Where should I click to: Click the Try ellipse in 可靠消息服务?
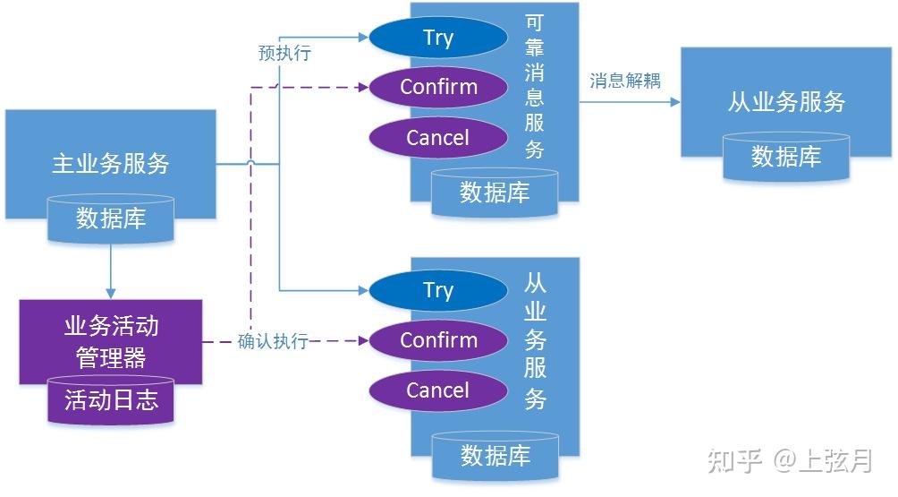[438, 38]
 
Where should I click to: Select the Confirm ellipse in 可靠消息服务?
[438, 87]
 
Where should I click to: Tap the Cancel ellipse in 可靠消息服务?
[438, 137]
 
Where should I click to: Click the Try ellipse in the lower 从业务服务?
[438, 290]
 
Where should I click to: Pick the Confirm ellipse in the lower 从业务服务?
[438, 340]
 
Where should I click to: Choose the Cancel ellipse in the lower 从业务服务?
[438, 390]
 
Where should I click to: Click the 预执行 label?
[284, 53]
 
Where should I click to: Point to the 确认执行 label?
[273, 341]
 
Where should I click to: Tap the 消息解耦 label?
[624, 81]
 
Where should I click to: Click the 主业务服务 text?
[110, 163]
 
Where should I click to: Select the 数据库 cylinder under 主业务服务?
[110, 219]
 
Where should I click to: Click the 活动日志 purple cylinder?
[111, 399]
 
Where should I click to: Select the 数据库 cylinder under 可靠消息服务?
[495, 193]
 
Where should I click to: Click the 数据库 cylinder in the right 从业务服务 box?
[785, 157]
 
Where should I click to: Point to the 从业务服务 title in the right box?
[786, 101]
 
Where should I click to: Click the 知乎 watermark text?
[734, 460]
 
